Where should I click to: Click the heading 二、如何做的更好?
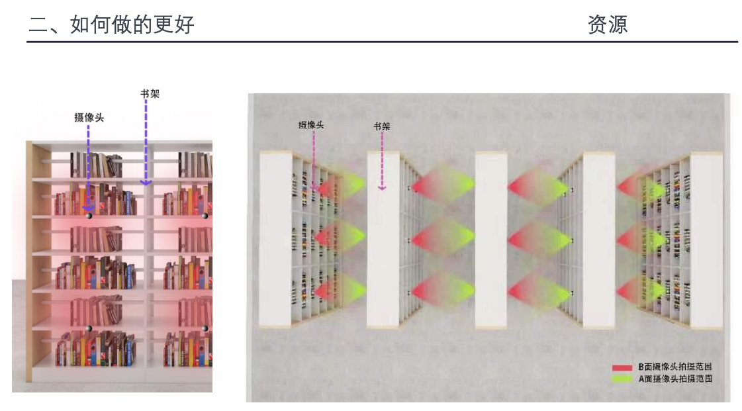point(112,24)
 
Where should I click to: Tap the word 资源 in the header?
point(608,24)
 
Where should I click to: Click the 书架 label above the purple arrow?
point(150,93)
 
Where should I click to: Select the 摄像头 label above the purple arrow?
point(89,117)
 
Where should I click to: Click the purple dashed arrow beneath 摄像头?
point(88,168)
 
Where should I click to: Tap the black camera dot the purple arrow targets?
point(89,216)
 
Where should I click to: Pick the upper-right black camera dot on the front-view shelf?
point(205,216)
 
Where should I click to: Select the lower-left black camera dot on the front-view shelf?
point(89,328)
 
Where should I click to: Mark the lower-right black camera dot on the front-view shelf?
point(205,328)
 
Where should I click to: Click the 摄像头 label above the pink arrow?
point(311,125)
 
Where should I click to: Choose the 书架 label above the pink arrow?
point(382,126)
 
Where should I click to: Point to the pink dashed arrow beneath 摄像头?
point(313,161)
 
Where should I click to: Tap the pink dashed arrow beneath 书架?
point(382,161)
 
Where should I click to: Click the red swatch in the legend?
point(622,367)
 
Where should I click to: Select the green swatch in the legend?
point(622,379)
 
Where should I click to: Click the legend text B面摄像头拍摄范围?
point(675,367)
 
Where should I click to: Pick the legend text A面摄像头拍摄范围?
point(675,379)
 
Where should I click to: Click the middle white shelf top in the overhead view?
point(491,240)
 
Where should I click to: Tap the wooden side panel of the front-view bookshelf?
point(29,261)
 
